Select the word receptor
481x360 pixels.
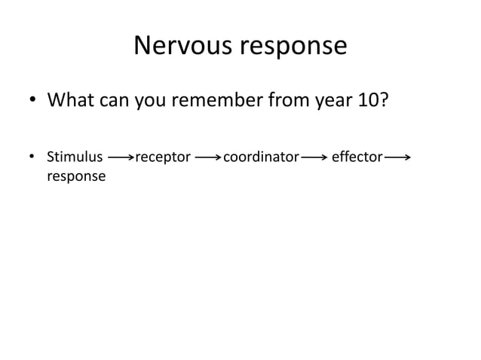pyautogui.click(x=162, y=158)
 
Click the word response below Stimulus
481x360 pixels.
pyautogui.click(x=76, y=176)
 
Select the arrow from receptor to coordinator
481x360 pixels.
pyautogui.click(x=207, y=158)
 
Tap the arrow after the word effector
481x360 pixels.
pyautogui.click(x=397, y=158)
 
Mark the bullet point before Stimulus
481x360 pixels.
pyautogui.click(x=32, y=158)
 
